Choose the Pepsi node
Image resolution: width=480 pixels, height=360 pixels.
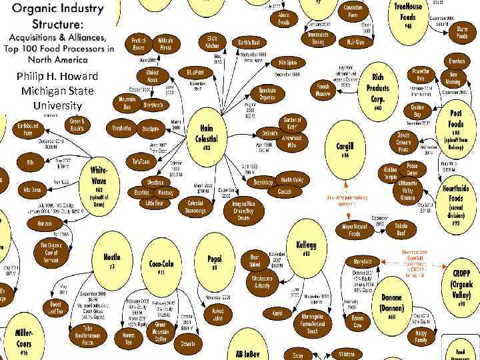(x=214, y=261)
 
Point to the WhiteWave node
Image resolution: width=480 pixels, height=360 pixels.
(x=99, y=184)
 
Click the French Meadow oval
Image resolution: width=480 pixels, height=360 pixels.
(x=323, y=90)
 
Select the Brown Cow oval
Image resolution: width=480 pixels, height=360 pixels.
(x=357, y=322)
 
